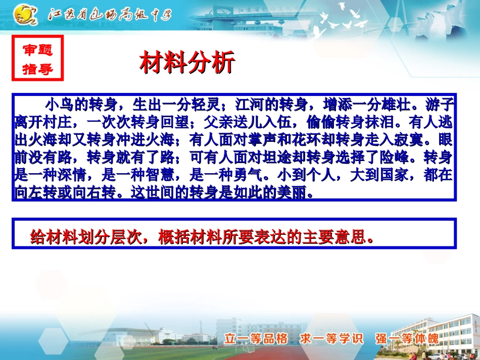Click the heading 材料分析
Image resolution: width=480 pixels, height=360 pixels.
pyautogui.click(x=187, y=64)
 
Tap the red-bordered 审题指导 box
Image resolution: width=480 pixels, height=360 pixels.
pyautogui.click(x=38, y=59)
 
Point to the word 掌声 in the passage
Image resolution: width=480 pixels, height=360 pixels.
pyautogui.click(x=264, y=140)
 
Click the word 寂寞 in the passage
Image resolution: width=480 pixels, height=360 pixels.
pyautogui.click(x=425, y=140)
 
